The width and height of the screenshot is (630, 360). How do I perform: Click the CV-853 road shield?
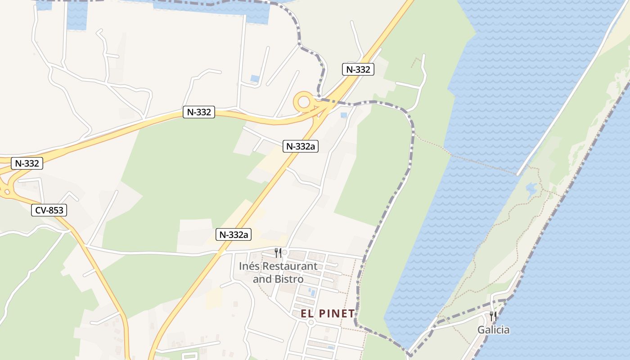click(49, 210)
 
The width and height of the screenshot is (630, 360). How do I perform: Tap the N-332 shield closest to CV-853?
click(27, 163)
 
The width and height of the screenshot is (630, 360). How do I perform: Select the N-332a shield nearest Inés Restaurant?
click(234, 234)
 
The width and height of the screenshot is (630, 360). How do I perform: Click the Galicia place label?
click(494, 330)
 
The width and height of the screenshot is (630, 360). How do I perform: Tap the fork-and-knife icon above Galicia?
click(493, 316)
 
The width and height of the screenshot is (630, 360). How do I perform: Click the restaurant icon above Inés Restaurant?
click(278, 252)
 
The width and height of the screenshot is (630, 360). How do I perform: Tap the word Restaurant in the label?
click(290, 266)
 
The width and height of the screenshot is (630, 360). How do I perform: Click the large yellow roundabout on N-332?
click(304, 101)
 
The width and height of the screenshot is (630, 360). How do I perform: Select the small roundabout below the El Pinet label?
click(310, 323)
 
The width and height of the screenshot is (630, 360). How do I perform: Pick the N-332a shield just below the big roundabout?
click(301, 146)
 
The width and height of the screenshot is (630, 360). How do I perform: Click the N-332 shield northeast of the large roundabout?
click(358, 69)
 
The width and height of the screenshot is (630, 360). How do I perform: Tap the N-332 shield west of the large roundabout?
click(198, 112)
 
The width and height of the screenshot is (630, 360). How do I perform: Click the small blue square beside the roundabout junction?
click(344, 115)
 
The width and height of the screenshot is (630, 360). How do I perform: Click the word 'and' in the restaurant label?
click(262, 279)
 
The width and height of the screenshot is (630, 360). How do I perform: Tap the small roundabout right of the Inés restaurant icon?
click(284, 252)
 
